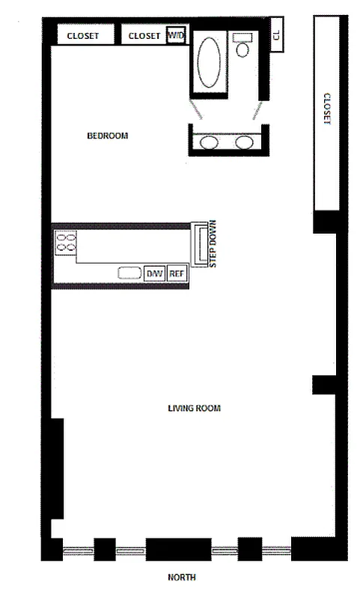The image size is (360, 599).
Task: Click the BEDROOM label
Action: pyautogui.click(x=108, y=136)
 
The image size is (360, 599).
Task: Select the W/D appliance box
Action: pyautogui.click(x=175, y=35)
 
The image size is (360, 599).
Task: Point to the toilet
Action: pyautogui.click(x=242, y=47)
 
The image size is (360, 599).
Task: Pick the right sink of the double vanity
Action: pyautogui.click(x=244, y=143)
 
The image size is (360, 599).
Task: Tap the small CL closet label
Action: pyautogui.click(x=276, y=36)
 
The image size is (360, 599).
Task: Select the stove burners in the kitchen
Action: pyautogui.click(x=66, y=242)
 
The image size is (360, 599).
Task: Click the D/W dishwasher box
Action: pyautogui.click(x=154, y=273)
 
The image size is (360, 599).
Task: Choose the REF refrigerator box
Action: pyautogui.click(x=177, y=273)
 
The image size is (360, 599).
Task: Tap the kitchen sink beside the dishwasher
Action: pyautogui.click(x=130, y=273)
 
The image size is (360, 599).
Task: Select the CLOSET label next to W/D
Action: pyautogui.click(x=144, y=35)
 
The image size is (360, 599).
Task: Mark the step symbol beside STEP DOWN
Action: pyautogui.click(x=200, y=243)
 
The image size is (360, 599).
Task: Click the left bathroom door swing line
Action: pyautogui.click(x=198, y=110)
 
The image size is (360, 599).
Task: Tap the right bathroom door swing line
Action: pyautogui.click(x=257, y=110)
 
